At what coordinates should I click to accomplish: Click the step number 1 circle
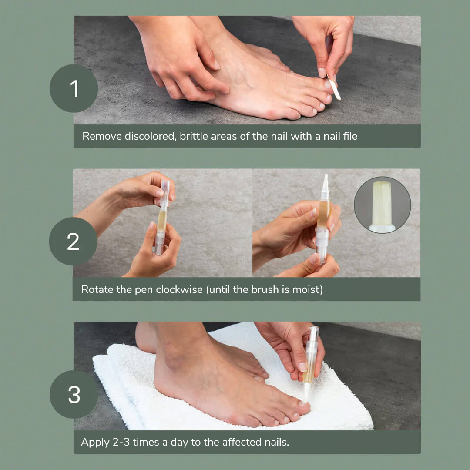coord(74,88)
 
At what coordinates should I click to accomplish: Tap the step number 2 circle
coord(73,241)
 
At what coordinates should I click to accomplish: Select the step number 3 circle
coord(74,394)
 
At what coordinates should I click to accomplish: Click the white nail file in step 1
coord(334,87)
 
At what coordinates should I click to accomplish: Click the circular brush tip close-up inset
coord(382,205)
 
